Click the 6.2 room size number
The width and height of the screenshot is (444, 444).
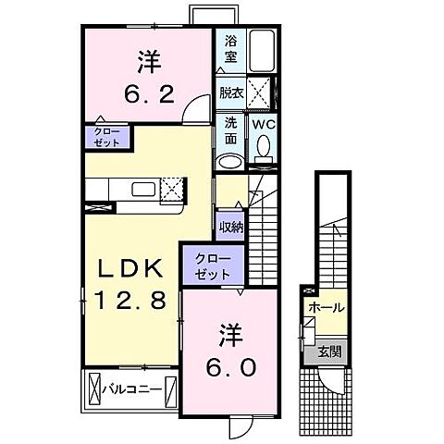click(x=149, y=92)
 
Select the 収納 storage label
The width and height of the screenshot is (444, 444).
click(x=229, y=225)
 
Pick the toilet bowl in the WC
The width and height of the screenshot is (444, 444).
click(x=264, y=147)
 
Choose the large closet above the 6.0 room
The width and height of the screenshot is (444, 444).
click(x=213, y=266)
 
